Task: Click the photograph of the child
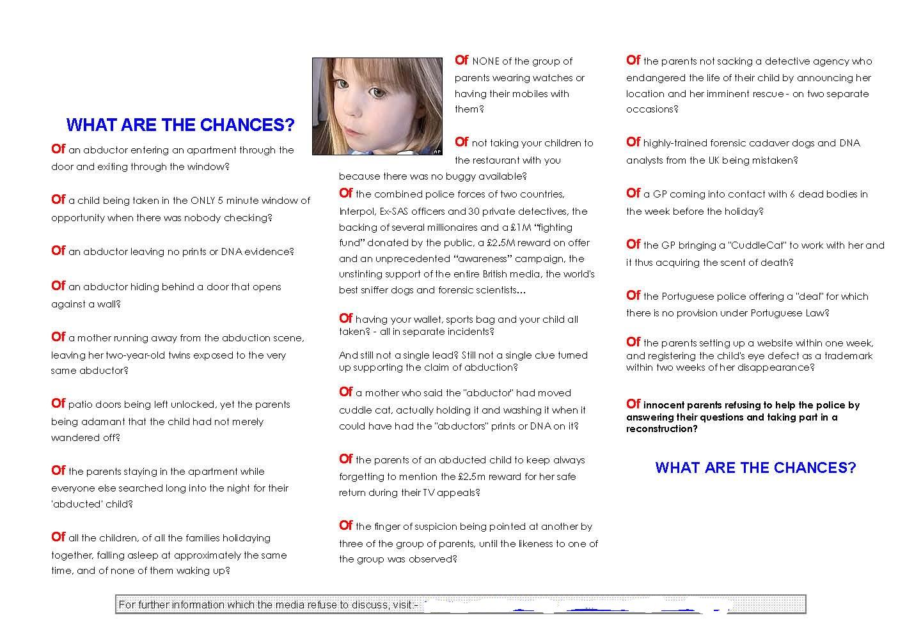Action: pos(377,106)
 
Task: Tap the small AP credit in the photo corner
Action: pos(437,151)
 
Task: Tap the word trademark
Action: pos(845,356)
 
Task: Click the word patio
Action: pos(81,405)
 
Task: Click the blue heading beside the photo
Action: pos(180,125)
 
